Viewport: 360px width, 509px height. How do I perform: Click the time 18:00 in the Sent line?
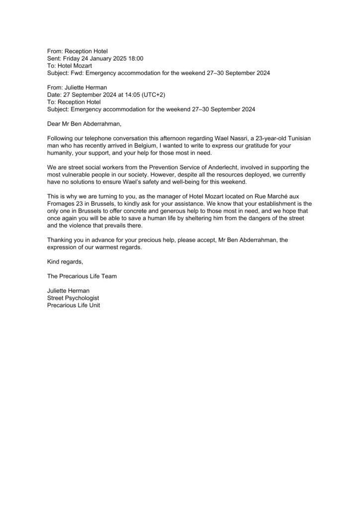click(135, 58)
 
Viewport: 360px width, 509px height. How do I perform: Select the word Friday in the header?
click(74, 58)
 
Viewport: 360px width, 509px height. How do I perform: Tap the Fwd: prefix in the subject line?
click(79, 73)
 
